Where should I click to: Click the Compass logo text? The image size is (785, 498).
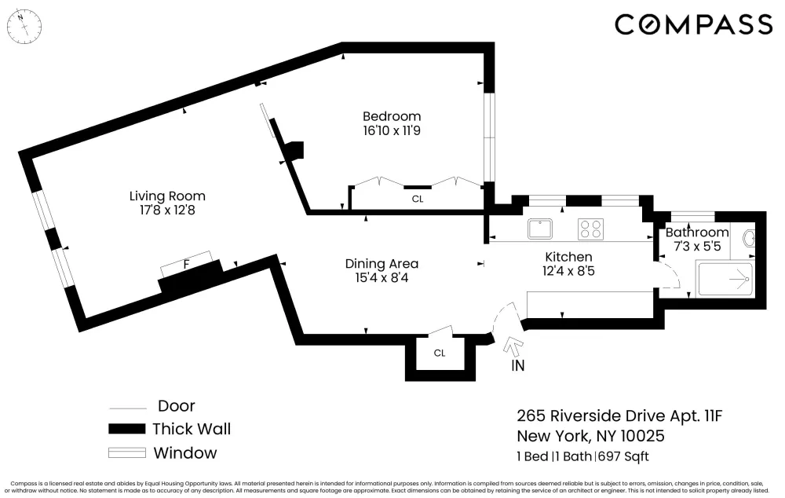693,24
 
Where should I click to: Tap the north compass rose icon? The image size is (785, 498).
24,26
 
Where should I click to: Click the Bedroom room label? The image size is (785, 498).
392,116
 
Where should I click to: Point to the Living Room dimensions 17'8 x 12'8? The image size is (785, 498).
167,210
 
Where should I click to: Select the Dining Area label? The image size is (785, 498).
382,263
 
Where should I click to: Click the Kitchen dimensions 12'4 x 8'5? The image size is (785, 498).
568,271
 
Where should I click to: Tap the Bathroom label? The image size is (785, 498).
697,232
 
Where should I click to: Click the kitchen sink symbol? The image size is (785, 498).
540,229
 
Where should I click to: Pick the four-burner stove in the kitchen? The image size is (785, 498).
590,229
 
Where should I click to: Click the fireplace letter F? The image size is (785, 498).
187,264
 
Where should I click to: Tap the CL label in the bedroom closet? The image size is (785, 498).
418,199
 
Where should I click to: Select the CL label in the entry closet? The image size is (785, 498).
440,353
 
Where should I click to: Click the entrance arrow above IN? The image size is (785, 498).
513,346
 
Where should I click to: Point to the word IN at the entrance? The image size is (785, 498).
517,366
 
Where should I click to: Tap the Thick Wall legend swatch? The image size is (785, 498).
127,429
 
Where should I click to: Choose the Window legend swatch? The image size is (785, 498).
127,453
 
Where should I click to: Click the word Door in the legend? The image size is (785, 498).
176,406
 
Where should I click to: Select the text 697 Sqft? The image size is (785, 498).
623,456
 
